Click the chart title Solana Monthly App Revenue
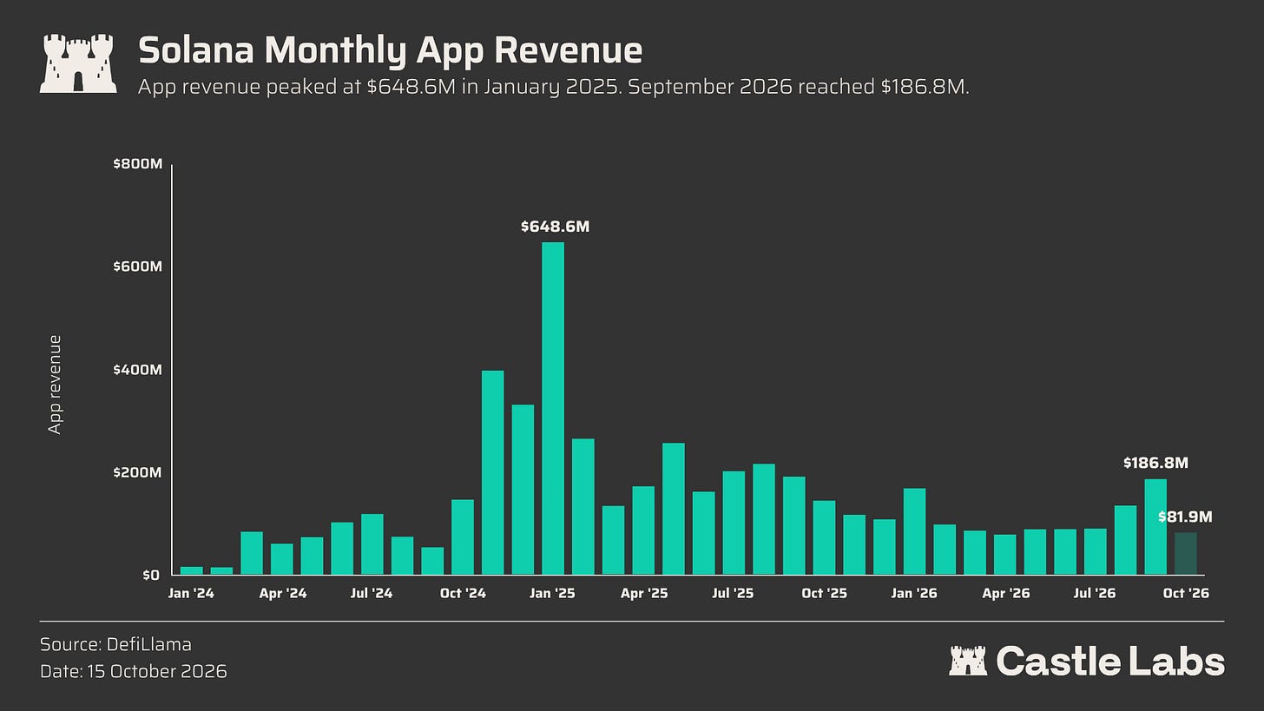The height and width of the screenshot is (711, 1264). coord(390,50)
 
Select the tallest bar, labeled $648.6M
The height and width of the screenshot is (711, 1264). coord(553,409)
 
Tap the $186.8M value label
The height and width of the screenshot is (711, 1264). coord(1155,464)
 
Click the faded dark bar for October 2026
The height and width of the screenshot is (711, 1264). coord(1186,554)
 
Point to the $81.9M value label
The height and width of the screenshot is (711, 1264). coord(1185,517)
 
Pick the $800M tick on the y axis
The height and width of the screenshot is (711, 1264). coord(138,163)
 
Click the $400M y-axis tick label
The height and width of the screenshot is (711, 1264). coord(138,370)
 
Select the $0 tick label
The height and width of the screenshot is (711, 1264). coord(151,575)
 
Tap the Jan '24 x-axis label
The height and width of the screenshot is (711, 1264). coord(191,593)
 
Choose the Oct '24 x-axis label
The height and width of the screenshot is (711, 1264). coord(463,593)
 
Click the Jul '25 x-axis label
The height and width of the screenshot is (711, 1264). coord(733,593)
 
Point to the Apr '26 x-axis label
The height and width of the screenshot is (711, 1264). coord(1005,593)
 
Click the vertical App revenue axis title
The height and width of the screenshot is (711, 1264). coord(55,385)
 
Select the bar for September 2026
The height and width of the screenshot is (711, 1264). coord(1155,527)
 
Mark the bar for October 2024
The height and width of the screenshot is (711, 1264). coord(463,537)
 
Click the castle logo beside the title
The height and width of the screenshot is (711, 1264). coord(78,63)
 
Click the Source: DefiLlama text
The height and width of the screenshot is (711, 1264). coord(115,644)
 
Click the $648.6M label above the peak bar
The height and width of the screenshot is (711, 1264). coord(556,227)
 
